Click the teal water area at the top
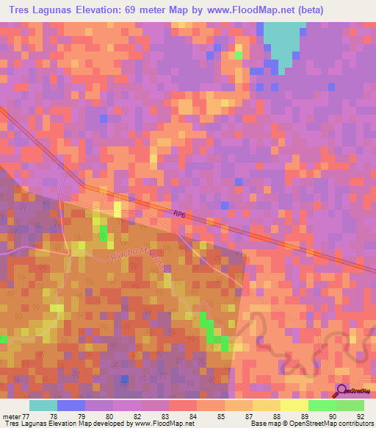pos(283,40)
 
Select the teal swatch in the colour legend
pos(43,405)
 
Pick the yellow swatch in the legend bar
pos(294,405)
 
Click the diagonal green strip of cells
pos(213,329)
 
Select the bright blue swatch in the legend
pos(71,405)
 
